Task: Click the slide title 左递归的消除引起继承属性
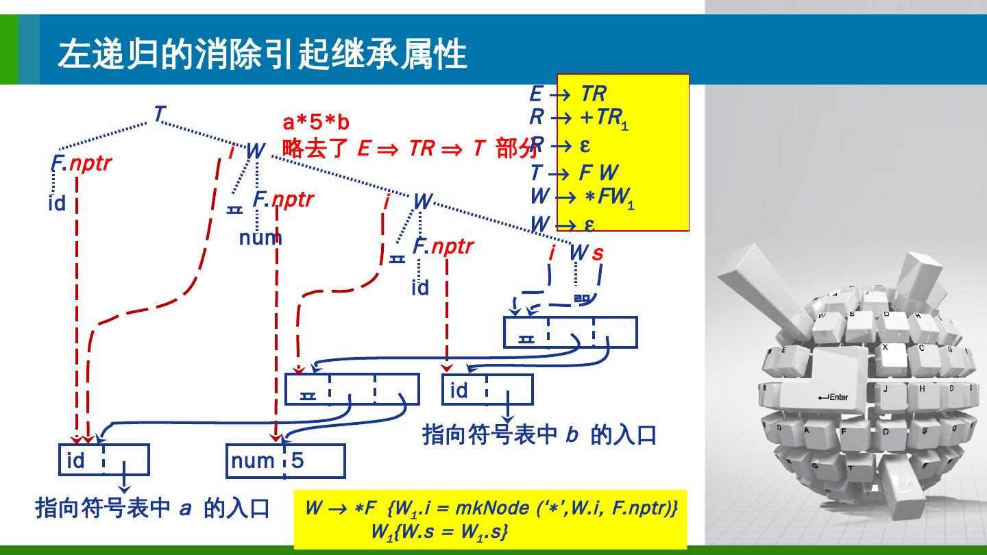click(x=263, y=53)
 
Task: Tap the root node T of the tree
click(x=159, y=114)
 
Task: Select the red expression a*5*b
click(x=316, y=123)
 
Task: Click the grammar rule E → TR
click(x=568, y=93)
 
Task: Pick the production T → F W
click(x=574, y=173)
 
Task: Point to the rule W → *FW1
click(x=583, y=197)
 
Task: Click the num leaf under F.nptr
click(x=260, y=238)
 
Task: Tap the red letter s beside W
click(x=598, y=253)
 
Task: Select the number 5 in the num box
click(x=297, y=460)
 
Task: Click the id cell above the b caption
click(x=459, y=390)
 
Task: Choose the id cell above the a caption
click(x=76, y=460)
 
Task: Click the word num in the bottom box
click(x=253, y=460)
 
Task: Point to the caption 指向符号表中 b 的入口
click(x=539, y=434)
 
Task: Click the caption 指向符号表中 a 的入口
click(x=152, y=508)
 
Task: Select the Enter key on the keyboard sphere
click(x=832, y=397)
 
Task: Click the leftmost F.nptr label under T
click(x=81, y=163)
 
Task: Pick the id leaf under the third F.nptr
click(x=420, y=287)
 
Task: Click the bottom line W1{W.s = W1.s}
click(x=439, y=531)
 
